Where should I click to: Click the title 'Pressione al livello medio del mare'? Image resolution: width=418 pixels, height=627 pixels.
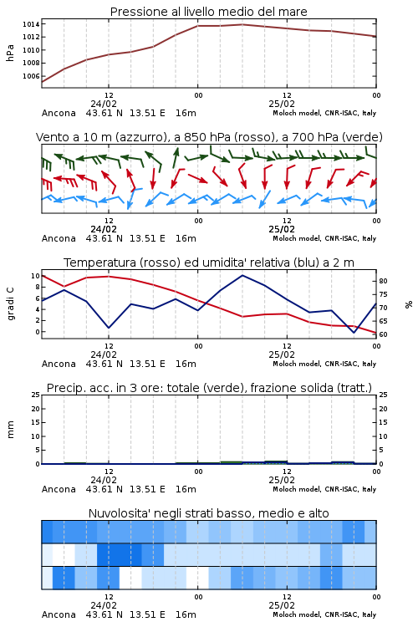208,12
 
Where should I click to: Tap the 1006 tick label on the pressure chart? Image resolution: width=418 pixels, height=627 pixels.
31,76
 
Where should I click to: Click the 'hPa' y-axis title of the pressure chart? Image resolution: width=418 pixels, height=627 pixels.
10,53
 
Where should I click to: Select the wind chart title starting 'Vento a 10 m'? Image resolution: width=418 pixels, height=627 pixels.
209,137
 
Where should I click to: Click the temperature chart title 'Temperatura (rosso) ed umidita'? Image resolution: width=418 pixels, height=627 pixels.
209,263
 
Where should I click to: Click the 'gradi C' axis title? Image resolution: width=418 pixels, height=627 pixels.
10,303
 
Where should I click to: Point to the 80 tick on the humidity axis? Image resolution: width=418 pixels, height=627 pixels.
383,281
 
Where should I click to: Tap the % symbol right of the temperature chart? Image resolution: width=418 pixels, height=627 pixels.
409,304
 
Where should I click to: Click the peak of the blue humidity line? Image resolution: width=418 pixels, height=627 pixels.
242,275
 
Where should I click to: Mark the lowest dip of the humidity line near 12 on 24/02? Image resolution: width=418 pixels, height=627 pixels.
109,328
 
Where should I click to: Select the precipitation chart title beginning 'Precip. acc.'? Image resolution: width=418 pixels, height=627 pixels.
209,388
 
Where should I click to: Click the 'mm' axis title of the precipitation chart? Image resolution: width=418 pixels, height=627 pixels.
10,430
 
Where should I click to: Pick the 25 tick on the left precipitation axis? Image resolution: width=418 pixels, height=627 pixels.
36,395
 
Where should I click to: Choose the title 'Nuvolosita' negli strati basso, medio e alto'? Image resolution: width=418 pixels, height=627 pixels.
208,513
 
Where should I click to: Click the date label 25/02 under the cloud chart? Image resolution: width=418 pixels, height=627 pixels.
282,605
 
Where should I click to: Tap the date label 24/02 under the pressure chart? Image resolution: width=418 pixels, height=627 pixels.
104,104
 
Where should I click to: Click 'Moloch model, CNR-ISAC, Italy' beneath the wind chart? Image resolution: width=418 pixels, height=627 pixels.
324,238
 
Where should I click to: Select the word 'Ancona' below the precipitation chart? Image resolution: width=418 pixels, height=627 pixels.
59,489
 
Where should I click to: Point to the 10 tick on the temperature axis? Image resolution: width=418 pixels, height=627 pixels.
36,276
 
